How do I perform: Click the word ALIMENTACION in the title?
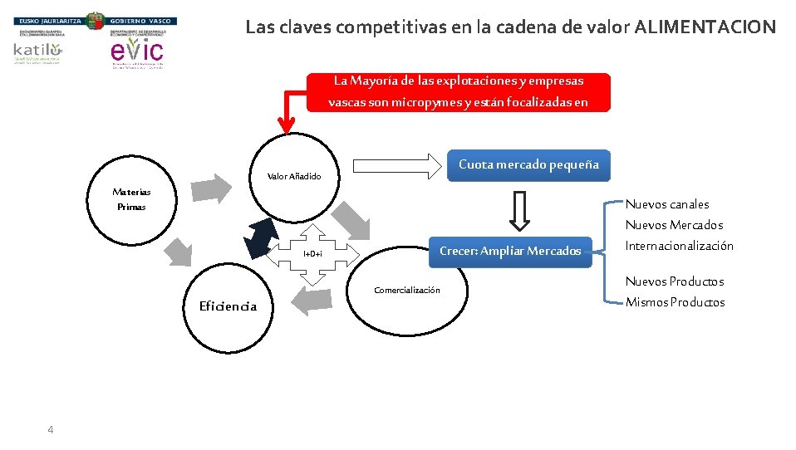click(705, 27)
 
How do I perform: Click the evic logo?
click(136, 51)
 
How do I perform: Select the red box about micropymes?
click(458, 91)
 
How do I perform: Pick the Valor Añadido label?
click(293, 176)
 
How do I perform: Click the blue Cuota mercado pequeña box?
click(528, 164)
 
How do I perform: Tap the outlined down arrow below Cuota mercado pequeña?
click(518, 211)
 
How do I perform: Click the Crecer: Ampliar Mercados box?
click(510, 251)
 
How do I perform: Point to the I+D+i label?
click(312, 253)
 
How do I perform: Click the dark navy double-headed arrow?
click(263, 238)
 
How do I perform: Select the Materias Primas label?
click(131, 199)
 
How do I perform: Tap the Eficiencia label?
click(228, 306)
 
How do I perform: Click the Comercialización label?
click(407, 290)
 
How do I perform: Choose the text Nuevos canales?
click(667, 204)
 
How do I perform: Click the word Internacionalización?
click(679, 246)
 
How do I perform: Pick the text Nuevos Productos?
click(674, 281)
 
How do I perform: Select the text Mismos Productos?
click(675, 302)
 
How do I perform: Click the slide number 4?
click(51, 429)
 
